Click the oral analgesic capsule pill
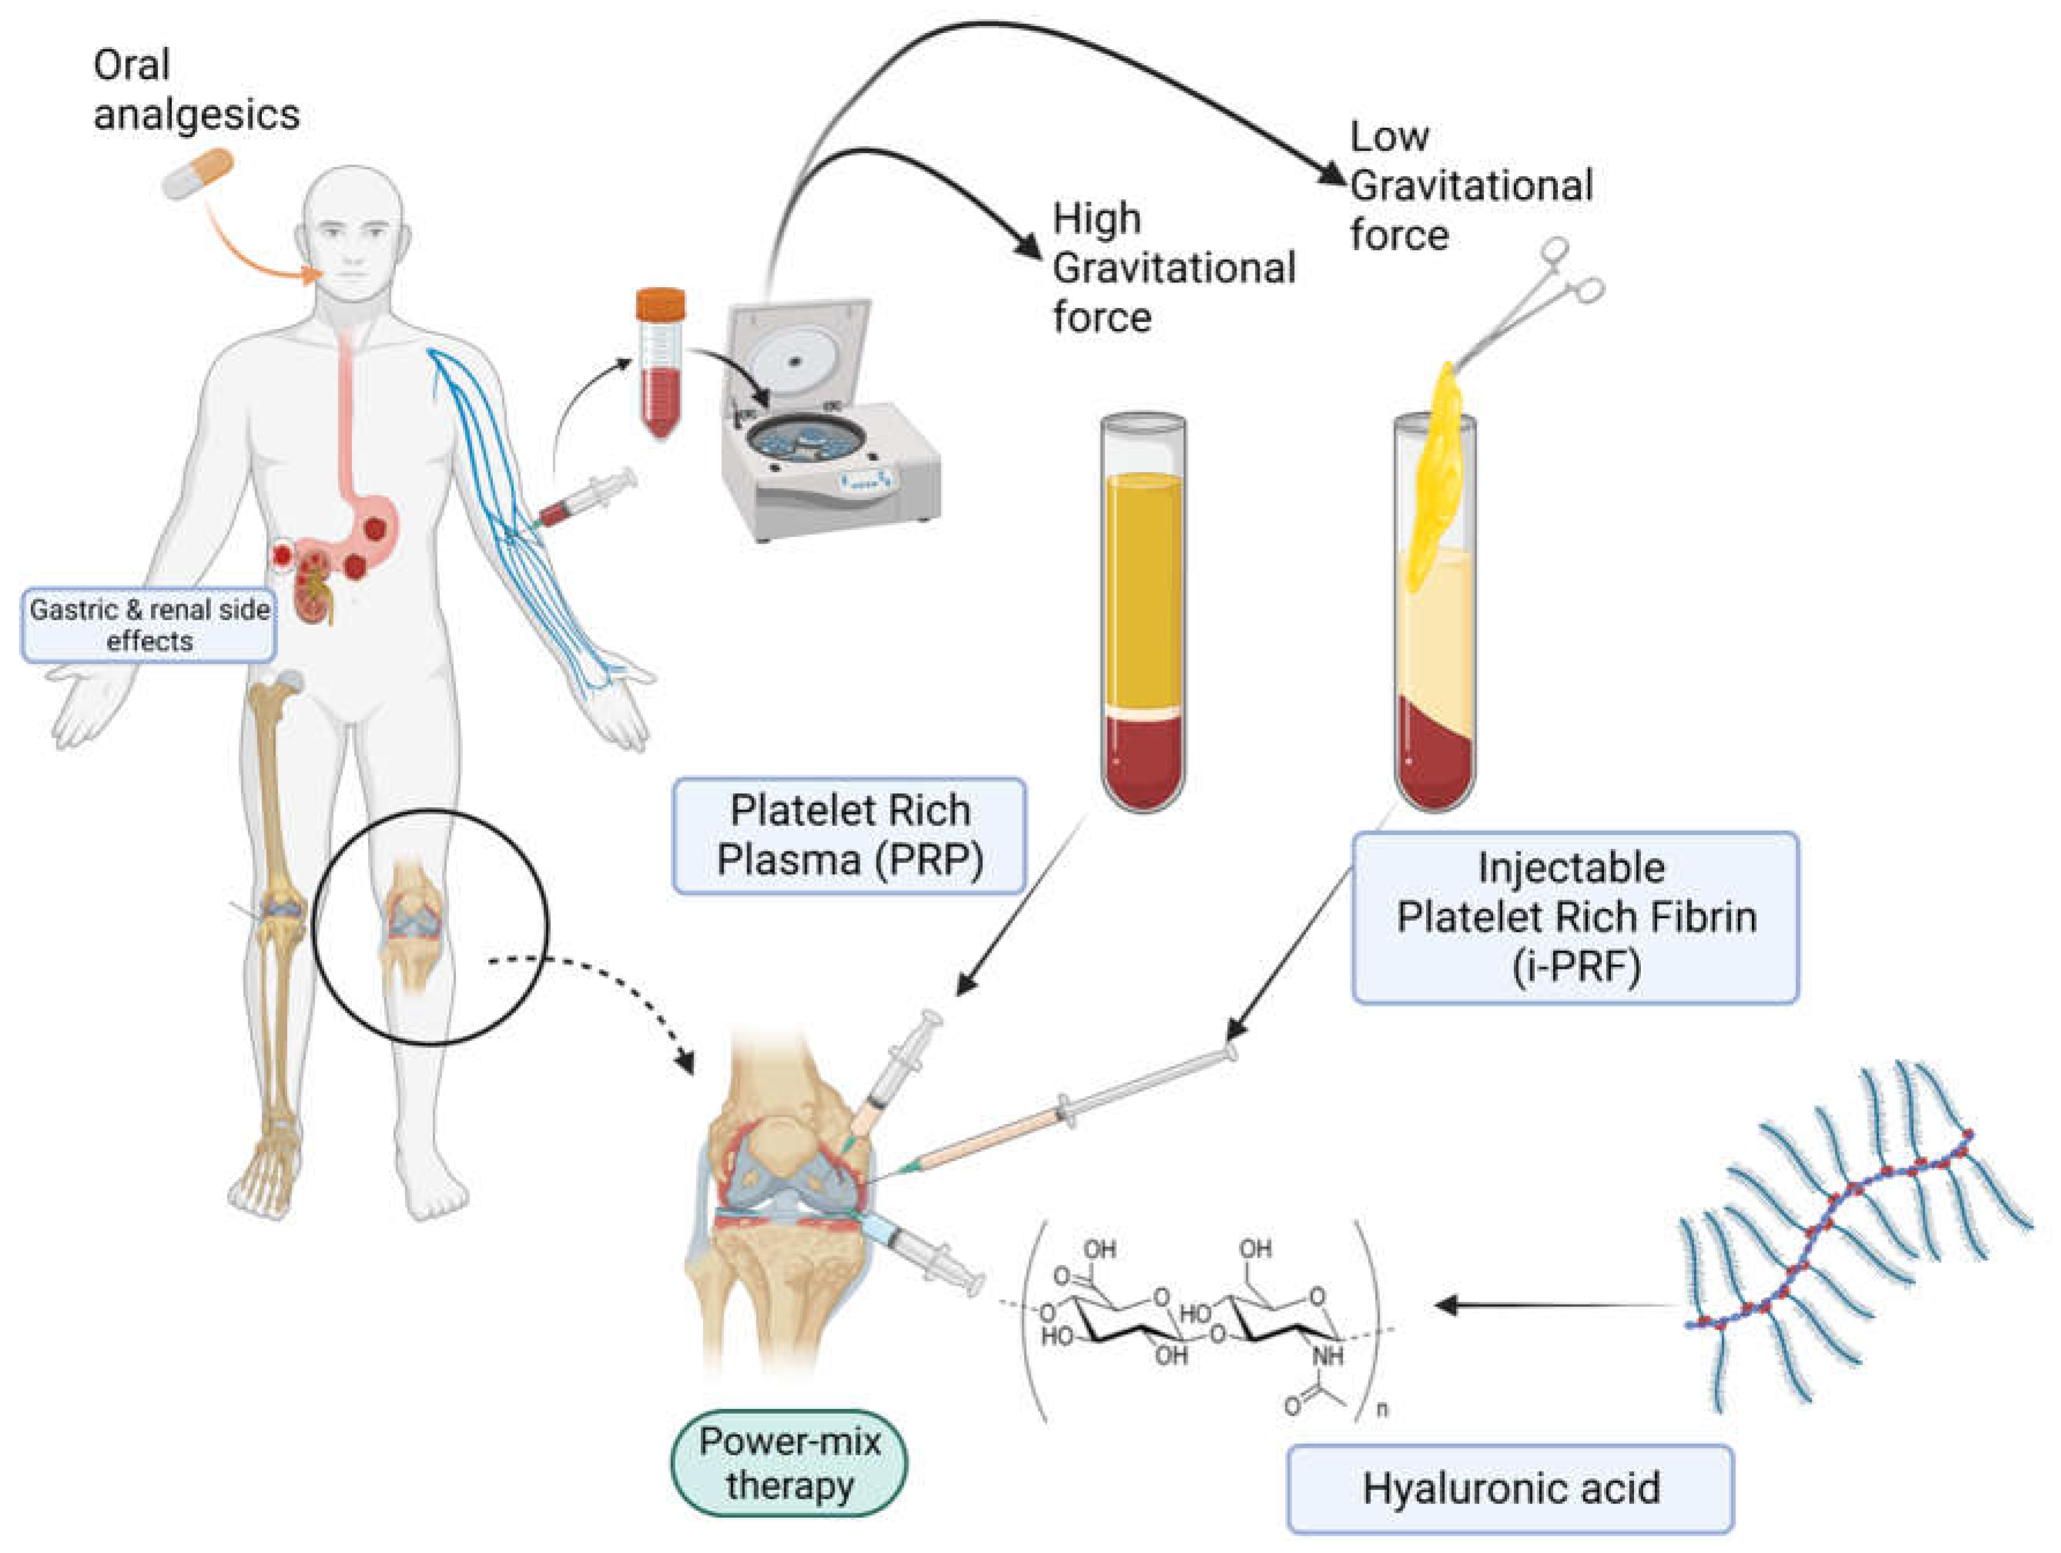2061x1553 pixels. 198,174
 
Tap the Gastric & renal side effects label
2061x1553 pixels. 149,625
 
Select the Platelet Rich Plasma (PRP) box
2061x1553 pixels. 849,835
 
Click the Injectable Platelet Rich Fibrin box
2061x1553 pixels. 1574,917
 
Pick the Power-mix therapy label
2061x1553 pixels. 789,1463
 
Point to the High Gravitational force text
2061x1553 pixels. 1172,267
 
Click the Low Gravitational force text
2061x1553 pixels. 1470,185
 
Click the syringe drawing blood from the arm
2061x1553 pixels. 587,499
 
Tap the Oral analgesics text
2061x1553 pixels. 196,90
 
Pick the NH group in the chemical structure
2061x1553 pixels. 1328,1357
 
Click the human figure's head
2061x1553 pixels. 354,233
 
